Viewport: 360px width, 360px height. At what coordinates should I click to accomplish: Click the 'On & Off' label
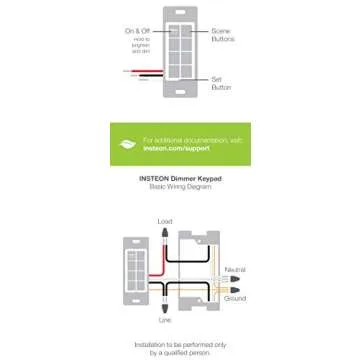(x=138, y=31)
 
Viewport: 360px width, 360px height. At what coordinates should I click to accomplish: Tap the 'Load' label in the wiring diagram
(x=165, y=220)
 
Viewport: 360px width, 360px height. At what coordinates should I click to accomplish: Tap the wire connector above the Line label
(x=165, y=307)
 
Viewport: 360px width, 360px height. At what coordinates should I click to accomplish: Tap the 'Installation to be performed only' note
(x=180, y=343)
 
